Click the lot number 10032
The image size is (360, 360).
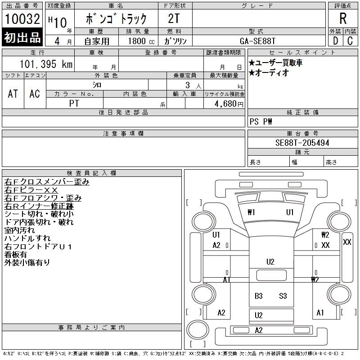click(x=22, y=19)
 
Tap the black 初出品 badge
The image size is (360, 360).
click(x=22, y=37)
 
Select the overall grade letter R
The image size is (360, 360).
click(x=343, y=19)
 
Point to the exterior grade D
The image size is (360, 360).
click(x=335, y=40)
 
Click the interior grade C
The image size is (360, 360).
click(x=350, y=40)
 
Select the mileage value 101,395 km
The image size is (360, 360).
click(x=46, y=64)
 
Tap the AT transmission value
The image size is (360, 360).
click(x=13, y=94)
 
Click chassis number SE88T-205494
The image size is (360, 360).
click(x=302, y=143)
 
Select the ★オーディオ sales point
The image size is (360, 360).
click(x=269, y=73)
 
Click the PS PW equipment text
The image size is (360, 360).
click(x=261, y=122)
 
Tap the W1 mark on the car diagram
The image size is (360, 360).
click(x=251, y=212)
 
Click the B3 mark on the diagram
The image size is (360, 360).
click(x=258, y=296)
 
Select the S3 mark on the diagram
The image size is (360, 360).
click(x=283, y=296)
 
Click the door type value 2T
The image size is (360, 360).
click(x=174, y=19)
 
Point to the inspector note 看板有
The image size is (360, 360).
click(x=16, y=254)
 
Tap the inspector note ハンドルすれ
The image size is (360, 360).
click(x=27, y=238)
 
